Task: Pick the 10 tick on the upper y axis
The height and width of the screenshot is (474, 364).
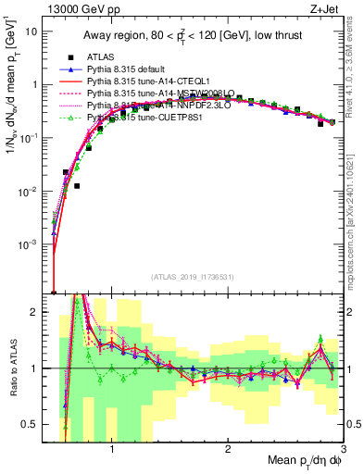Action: (x=33, y=31)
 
